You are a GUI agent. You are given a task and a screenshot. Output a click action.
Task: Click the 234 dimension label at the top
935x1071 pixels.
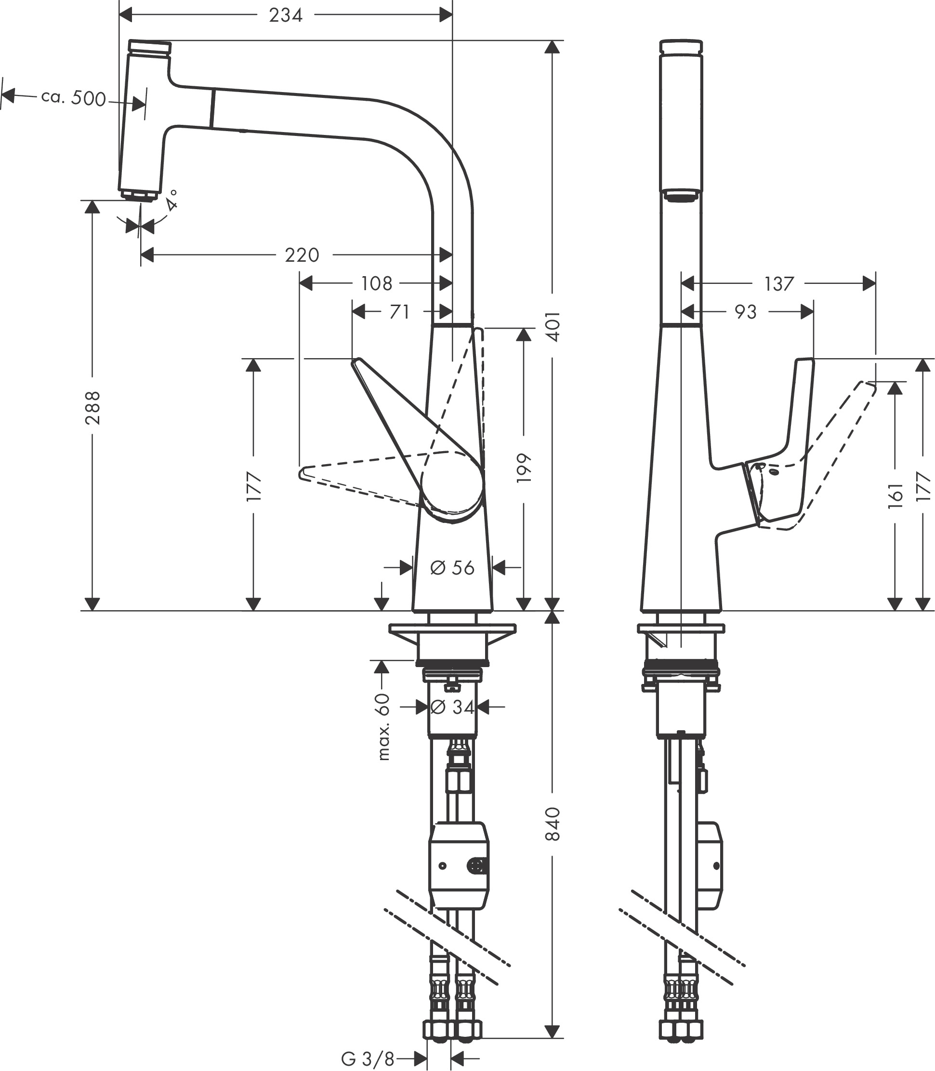click(x=285, y=15)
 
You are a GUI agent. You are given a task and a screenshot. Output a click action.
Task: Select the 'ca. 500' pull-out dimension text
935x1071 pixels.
click(x=74, y=97)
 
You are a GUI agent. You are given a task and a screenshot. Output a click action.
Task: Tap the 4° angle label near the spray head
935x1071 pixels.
click(x=171, y=199)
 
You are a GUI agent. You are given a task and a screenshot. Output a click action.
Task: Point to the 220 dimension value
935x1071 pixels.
click(x=302, y=255)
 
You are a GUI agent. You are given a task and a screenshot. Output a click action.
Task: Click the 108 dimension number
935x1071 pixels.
click(x=376, y=284)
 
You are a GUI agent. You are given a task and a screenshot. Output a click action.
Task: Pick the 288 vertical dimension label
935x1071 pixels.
click(x=92, y=408)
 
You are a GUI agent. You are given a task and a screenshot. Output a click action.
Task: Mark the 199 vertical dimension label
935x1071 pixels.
click(x=523, y=468)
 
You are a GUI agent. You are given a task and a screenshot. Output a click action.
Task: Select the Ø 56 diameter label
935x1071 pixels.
click(x=452, y=568)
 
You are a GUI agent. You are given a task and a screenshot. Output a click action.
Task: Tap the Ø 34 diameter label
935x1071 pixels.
click(x=452, y=707)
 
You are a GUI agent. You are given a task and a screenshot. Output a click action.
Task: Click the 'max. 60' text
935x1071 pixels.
click(x=383, y=726)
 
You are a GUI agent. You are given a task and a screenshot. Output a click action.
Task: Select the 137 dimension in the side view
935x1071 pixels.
click(x=778, y=284)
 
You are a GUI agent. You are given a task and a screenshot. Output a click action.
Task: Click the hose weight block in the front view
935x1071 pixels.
click(x=459, y=864)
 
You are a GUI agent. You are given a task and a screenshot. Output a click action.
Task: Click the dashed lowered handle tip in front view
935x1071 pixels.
click(x=302, y=473)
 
